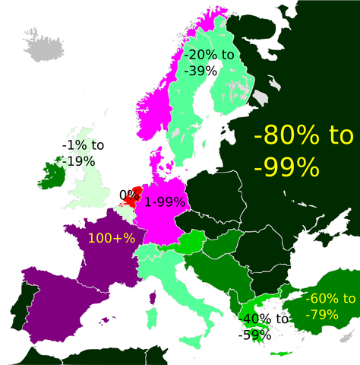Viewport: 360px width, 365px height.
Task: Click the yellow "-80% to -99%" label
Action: click(304, 150)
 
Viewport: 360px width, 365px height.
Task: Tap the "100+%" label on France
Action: click(111, 238)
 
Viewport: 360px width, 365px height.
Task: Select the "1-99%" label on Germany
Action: click(165, 202)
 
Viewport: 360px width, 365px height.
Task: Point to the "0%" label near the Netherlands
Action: click(126, 194)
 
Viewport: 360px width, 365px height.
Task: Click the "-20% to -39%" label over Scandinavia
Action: click(209, 62)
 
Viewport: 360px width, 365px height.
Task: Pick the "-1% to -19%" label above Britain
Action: click(83, 152)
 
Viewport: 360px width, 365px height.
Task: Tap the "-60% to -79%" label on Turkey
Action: click(330, 305)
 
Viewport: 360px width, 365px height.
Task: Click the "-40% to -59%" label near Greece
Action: click(263, 326)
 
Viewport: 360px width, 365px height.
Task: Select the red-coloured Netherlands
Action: click(134, 195)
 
